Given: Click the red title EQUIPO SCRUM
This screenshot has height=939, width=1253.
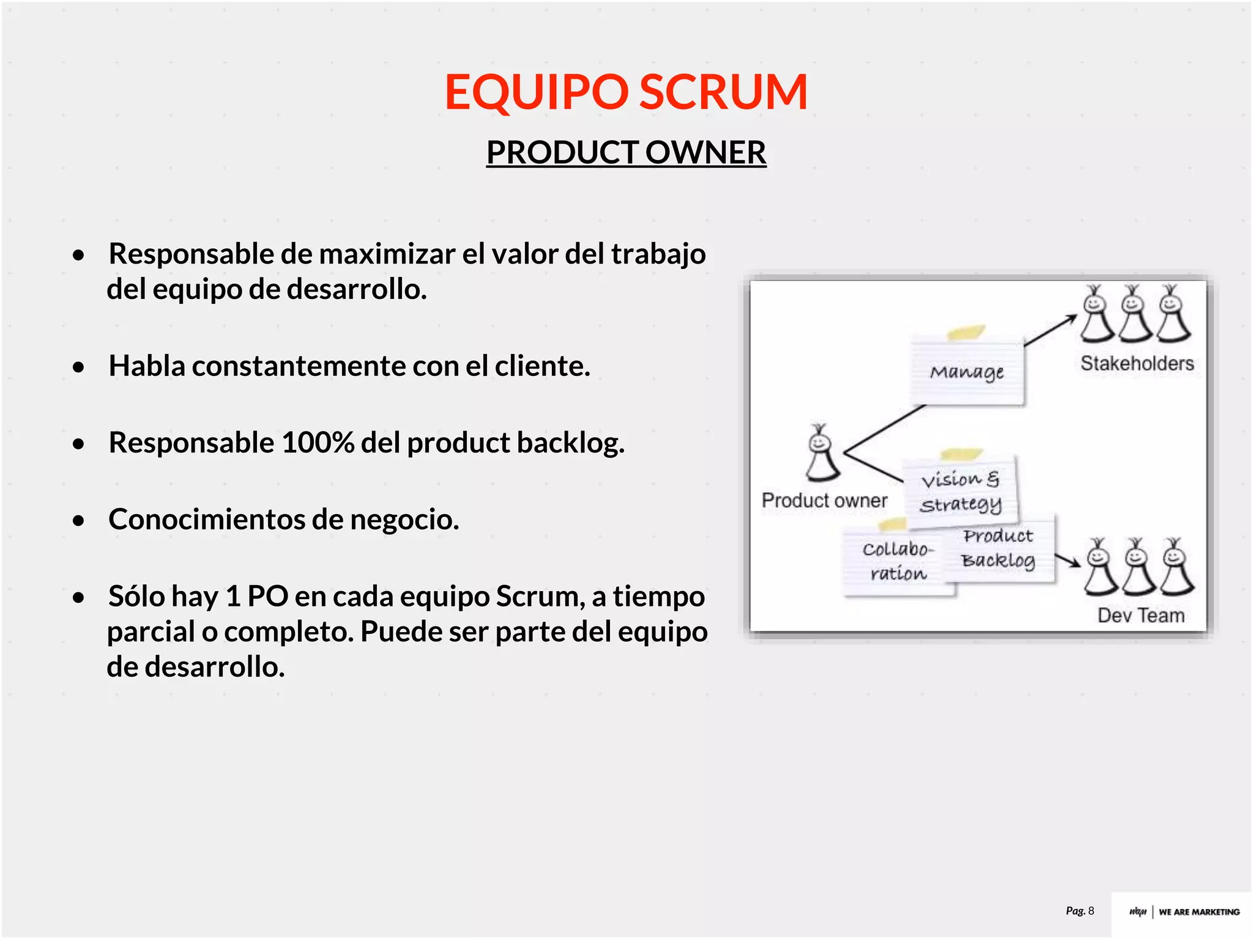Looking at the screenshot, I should click(626, 92).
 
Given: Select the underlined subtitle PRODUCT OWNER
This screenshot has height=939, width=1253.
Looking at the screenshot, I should click(626, 152).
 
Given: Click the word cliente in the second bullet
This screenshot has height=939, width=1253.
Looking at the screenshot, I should click(542, 366).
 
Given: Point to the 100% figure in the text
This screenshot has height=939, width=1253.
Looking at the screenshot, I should click(317, 443).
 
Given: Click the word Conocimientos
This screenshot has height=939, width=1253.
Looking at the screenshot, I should click(207, 520).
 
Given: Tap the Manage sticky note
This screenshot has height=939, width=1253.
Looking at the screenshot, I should click(967, 372).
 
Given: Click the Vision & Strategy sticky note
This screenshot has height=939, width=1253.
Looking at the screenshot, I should click(961, 491).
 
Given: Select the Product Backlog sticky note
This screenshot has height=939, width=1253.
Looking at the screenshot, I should click(998, 548).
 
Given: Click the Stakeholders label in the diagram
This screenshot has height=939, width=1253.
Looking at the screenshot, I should click(1137, 364).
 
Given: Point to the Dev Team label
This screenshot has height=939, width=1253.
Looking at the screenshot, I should click(1140, 615).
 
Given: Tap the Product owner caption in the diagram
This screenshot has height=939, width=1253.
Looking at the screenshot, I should click(824, 501).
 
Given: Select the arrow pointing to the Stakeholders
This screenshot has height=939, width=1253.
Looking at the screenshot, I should click(1050, 331).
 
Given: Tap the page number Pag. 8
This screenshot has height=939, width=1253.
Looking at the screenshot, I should click(1080, 911).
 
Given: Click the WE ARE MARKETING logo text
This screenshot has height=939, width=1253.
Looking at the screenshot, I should click(1199, 912).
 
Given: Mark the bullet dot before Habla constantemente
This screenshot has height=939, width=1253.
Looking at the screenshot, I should click(78, 367).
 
